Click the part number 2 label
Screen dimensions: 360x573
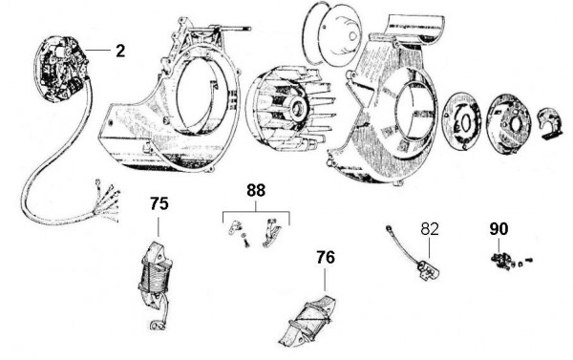(119, 51)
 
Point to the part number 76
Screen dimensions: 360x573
(326, 257)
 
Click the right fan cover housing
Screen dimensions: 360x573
(382, 105)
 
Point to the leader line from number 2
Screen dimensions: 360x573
(98, 50)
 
